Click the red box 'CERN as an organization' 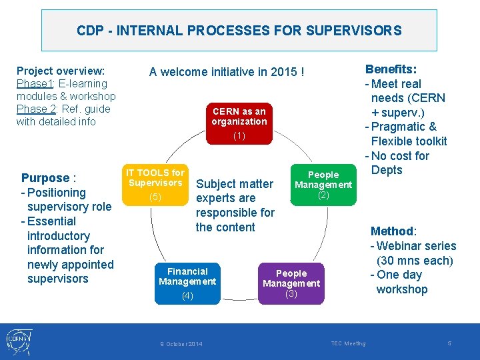239,123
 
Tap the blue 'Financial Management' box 187,284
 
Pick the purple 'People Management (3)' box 291,283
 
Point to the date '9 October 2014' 181,344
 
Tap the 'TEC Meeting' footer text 348,343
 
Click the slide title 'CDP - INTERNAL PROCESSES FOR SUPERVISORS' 239,31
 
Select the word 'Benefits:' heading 391,69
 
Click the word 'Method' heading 392,231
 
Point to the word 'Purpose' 45,178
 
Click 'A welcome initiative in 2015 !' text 227,72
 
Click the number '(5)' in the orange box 155,197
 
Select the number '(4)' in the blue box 187,295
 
